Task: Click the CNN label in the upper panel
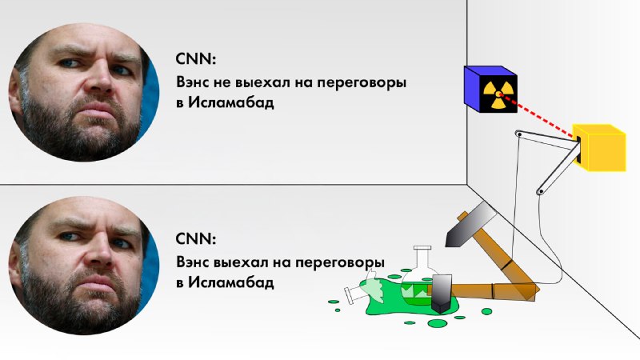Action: click(195, 59)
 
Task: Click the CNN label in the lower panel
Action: click(195, 238)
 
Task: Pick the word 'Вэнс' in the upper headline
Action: click(193, 82)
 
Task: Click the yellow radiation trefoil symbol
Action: click(497, 94)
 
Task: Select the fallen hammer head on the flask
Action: click(442, 294)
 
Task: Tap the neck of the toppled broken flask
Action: click(354, 294)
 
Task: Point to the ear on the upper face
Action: click(16, 90)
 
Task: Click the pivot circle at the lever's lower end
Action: click(541, 191)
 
